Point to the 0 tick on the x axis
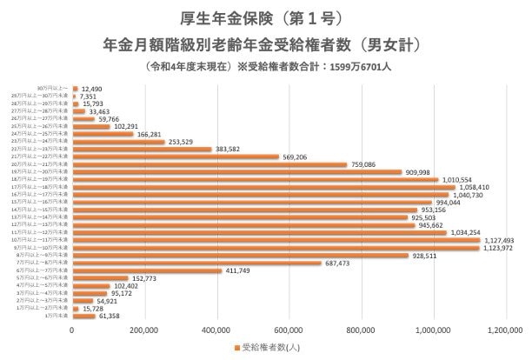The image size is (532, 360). coord(72,330)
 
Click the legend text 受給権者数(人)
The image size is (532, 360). coord(269,349)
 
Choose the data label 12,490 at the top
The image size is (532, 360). coord(93,88)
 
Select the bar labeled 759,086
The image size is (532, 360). coord(209,164)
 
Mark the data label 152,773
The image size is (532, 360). coord(150,278)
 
